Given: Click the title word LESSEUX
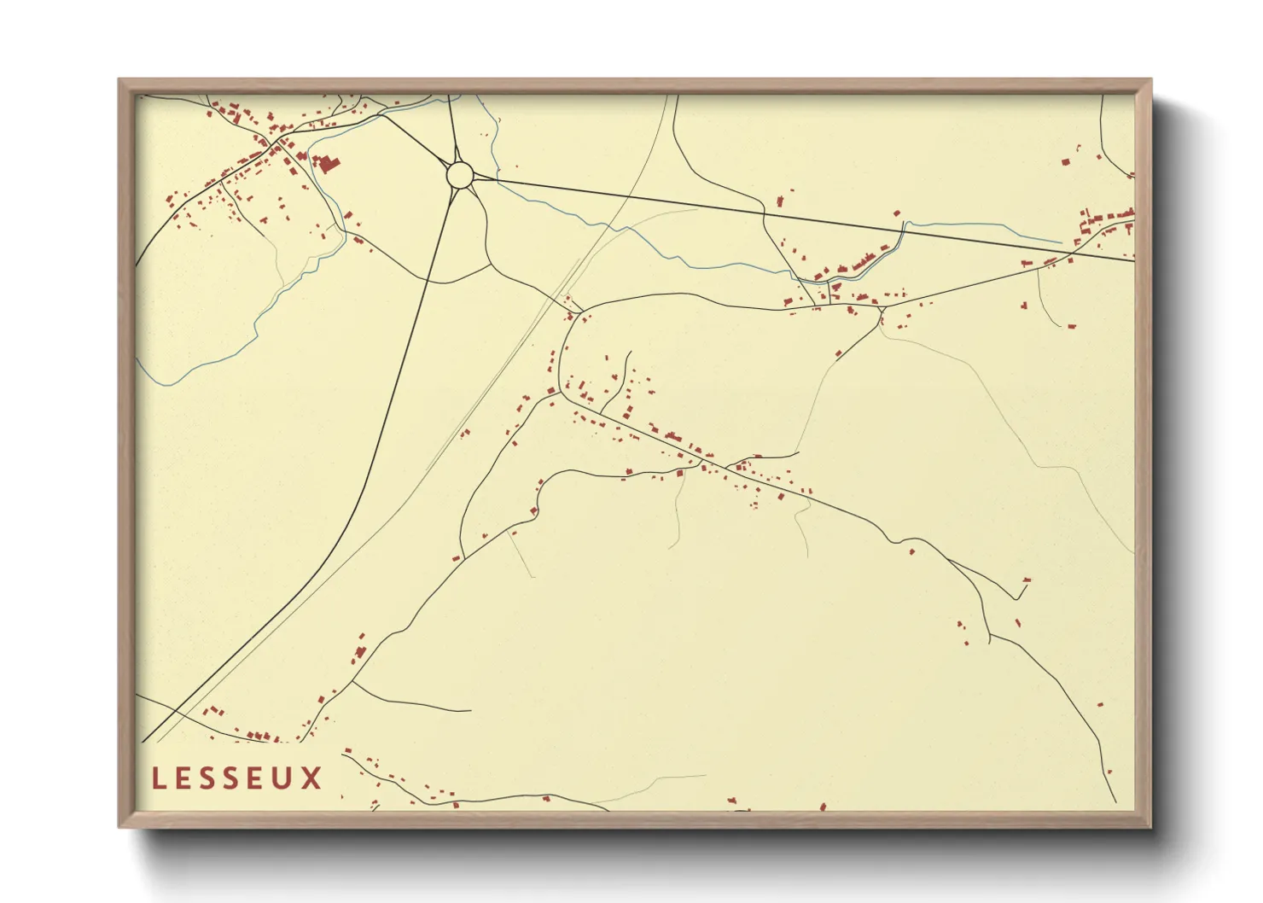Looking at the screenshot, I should point(237,778).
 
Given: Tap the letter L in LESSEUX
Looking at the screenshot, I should point(158,778).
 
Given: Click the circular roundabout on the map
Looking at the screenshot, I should point(460,175).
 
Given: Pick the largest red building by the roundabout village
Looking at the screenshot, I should point(327,163).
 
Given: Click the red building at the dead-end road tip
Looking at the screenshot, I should point(1027,580).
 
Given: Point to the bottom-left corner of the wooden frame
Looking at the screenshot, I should point(120,826).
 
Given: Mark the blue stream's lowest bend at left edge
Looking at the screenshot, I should point(162,382).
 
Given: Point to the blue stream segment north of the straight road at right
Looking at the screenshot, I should point(973,228).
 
